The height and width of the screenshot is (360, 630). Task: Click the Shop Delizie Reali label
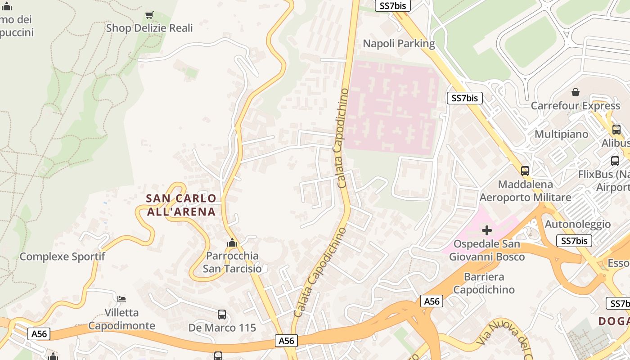point(149,28)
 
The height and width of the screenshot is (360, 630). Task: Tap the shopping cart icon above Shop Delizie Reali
point(149,15)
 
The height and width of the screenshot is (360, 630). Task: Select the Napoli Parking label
point(399,44)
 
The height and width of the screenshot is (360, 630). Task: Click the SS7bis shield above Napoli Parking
point(393,5)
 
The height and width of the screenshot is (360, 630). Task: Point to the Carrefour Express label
point(575,106)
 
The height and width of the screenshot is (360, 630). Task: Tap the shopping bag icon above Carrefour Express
point(575,93)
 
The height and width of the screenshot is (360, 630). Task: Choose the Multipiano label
point(561,134)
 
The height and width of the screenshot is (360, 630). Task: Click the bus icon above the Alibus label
point(616,130)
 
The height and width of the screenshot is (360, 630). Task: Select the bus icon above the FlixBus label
point(615,161)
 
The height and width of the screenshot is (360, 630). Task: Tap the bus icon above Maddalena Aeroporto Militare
point(525,171)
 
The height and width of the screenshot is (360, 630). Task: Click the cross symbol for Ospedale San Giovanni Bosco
point(486,231)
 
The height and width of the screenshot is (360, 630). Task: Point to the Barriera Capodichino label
point(484,283)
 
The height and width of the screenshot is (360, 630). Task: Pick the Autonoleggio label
point(577,224)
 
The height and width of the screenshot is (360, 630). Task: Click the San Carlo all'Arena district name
point(181,205)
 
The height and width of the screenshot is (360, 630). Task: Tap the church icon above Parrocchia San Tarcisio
point(232,243)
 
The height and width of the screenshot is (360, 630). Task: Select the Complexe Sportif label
point(62,256)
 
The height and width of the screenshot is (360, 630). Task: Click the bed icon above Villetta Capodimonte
point(121,299)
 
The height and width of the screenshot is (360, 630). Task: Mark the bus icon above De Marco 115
point(222,314)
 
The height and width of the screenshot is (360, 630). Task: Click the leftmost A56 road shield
point(39,334)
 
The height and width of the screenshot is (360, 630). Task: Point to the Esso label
point(618,263)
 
